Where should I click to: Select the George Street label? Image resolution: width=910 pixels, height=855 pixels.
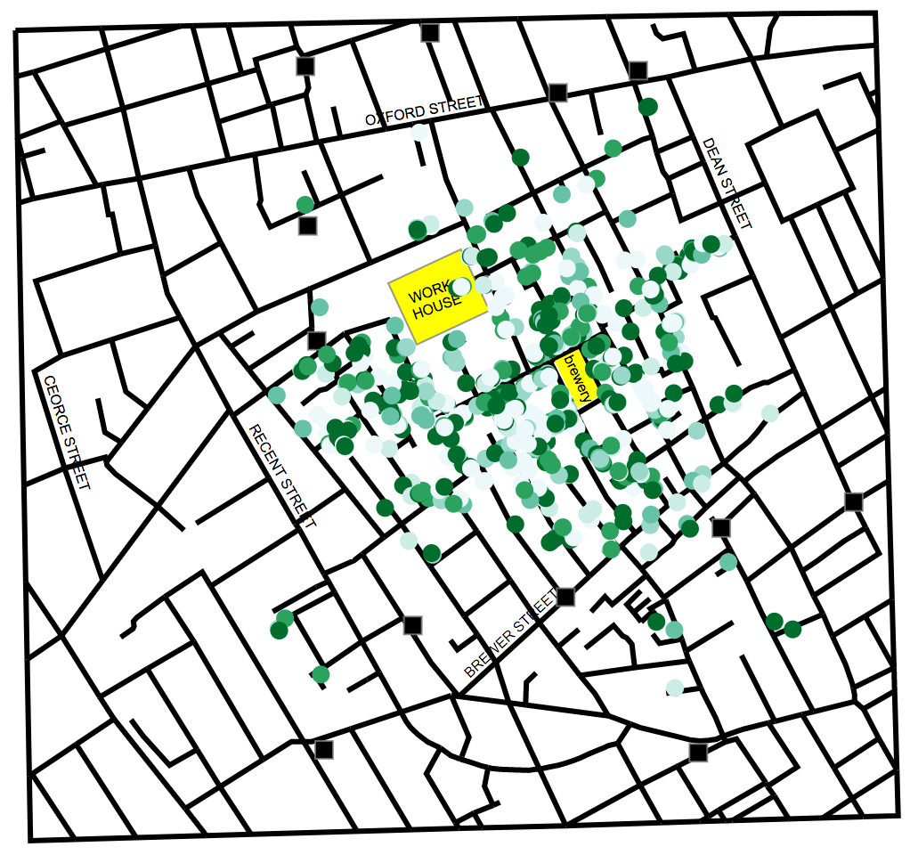68,432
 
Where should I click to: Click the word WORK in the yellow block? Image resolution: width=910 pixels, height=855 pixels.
426,295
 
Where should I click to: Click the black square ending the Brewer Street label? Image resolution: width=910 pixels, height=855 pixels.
565,597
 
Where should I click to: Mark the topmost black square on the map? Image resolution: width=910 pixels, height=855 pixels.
430,33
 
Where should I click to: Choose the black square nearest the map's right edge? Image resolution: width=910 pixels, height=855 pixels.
854,501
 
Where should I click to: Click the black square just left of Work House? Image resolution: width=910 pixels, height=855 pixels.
316,339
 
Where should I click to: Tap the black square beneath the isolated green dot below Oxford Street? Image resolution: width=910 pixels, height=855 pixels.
307,226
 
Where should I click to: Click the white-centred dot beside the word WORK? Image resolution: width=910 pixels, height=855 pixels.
461,286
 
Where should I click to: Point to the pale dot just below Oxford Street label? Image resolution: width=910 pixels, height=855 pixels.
419,133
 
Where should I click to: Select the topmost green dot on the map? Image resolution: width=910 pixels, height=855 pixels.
648,107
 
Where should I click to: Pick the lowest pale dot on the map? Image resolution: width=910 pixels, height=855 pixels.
675,688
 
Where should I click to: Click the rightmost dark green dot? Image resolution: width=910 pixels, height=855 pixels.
792,629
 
